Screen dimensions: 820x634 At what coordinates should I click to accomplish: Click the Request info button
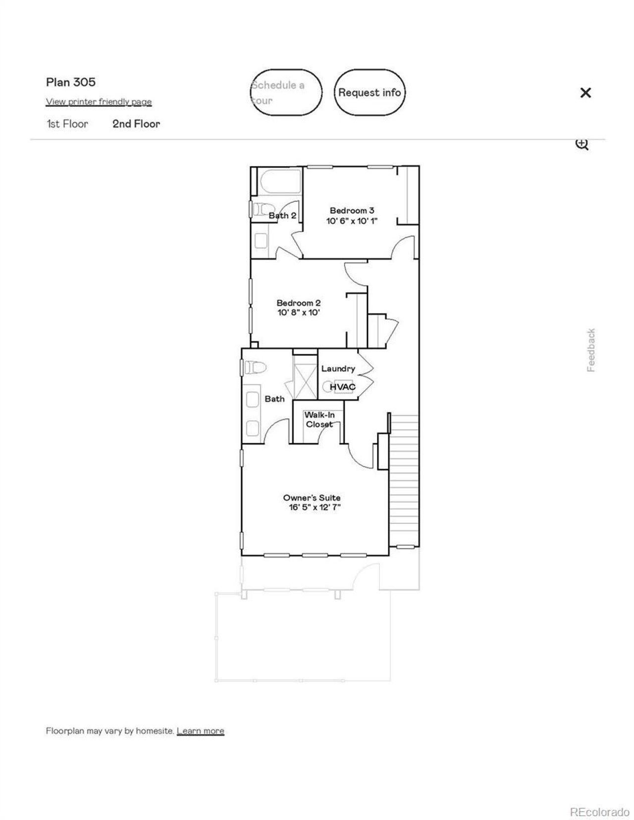[x=370, y=93]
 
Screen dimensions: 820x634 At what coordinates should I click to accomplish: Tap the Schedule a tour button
[x=286, y=93]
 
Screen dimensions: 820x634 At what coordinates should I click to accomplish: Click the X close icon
[x=585, y=93]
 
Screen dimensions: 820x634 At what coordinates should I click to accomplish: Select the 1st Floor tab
[x=67, y=124]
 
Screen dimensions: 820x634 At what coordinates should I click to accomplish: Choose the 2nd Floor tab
[x=136, y=124]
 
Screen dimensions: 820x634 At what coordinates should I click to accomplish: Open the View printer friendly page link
[x=99, y=102]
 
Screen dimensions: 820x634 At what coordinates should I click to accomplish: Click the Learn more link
[x=200, y=731]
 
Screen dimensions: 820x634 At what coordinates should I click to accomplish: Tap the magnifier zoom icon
[x=581, y=144]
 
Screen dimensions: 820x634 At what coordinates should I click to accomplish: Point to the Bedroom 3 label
[x=352, y=211]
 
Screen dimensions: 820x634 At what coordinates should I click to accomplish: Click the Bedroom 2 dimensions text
[x=299, y=312]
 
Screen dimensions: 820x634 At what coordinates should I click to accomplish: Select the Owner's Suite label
[x=312, y=498]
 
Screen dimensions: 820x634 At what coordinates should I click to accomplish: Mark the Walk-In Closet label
[x=319, y=420]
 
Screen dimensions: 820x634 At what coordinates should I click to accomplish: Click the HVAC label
[x=342, y=386]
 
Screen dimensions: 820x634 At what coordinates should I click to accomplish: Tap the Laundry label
[x=338, y=369]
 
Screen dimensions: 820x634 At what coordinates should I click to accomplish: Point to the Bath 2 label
[x=282, y=215]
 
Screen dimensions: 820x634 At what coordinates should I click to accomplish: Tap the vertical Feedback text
[x=591, y=350]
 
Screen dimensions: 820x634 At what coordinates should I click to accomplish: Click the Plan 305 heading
[x=71, y=82]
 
